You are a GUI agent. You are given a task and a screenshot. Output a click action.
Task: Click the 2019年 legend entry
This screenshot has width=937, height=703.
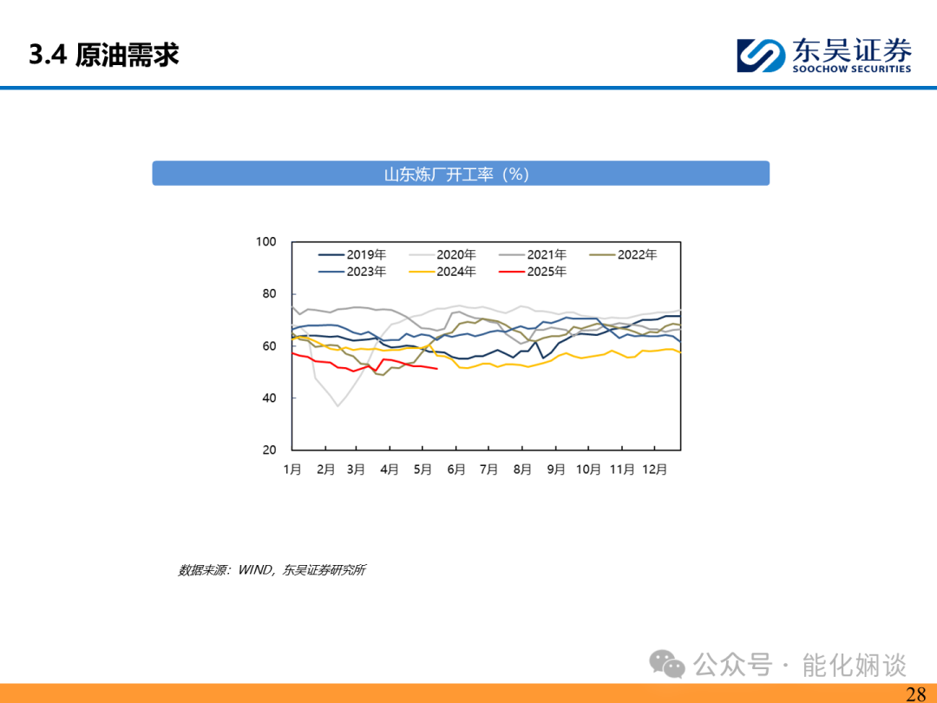[x=352, y=254]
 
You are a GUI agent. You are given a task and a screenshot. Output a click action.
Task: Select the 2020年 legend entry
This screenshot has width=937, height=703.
[x=442, y=254]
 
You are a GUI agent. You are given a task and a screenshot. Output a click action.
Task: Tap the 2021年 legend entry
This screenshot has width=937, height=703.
[x=533, y=254]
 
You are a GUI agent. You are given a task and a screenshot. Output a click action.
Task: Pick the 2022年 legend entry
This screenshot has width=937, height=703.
[x=623, y=254]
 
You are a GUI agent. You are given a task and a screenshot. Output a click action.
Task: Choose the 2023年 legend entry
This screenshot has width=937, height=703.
[x=352, y=272]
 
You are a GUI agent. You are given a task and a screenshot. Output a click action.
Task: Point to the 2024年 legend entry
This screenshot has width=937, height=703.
[x=442, y=272]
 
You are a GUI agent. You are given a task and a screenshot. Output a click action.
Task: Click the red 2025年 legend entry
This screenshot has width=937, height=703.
[x=533, y=272]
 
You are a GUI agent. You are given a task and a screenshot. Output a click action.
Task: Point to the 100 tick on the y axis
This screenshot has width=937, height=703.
[x=266, y=241]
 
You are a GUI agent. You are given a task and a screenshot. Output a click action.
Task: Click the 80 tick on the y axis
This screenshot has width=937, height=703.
[x=269, y=293]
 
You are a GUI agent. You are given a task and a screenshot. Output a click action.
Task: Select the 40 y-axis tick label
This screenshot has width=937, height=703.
[x=269, y=397]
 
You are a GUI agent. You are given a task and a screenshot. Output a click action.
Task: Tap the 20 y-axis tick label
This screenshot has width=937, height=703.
[x=269, y=450]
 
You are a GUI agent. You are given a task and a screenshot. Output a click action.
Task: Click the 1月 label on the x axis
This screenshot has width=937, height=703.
[x=292, y=470]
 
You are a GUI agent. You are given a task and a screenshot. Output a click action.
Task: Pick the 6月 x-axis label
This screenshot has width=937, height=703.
[x=456, y=470]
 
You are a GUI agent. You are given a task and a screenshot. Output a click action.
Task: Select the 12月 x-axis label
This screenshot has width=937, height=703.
[x=654, y=470]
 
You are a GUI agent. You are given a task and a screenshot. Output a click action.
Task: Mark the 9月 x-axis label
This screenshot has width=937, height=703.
[x=556, y=470]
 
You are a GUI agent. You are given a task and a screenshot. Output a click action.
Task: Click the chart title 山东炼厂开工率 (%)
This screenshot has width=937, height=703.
[x=456, y=174]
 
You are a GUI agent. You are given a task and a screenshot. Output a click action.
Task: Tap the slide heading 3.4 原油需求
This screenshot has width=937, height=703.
[x=104, y=55]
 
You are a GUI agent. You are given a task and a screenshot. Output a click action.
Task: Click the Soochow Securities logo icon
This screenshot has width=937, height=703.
[x=761, y=56]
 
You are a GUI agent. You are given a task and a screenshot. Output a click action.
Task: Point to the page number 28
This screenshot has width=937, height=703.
[x=916, y=694]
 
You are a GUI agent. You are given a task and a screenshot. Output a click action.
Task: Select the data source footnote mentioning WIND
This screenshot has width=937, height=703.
[x=272, y=569]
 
